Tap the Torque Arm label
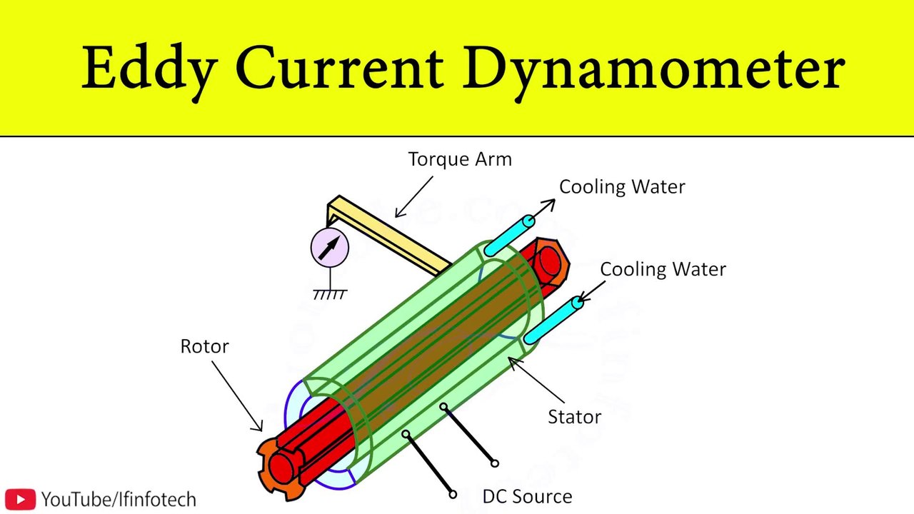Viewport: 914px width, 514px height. coord(460,159)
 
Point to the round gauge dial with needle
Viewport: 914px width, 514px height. coord(330,247)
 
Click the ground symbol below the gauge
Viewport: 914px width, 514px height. coord(330,293)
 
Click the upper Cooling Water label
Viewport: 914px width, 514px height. coord(622,187)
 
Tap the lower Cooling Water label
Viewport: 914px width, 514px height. coord(663,269)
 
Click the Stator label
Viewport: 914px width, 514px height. coord(574,417)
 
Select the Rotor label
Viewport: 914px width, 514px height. coord(204,347)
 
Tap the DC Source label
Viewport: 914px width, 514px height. coord(527,497)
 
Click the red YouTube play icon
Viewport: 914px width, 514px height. coord(20,499)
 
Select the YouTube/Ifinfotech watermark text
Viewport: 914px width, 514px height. coord(119,500)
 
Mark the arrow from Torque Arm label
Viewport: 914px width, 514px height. coord(414,197)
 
